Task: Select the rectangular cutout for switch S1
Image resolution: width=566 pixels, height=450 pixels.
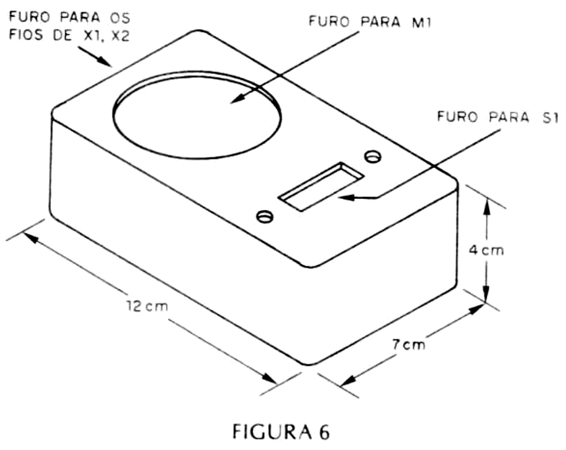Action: point(321,186)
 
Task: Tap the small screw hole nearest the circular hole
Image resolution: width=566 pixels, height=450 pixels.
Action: point(373,156)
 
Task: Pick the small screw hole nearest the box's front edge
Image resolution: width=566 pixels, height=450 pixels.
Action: point(265,216)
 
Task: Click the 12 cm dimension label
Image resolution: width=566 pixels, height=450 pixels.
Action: point(147,307)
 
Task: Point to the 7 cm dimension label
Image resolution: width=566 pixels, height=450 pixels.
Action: point(409,345)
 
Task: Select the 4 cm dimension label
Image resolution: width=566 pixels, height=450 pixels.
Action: point(486,250)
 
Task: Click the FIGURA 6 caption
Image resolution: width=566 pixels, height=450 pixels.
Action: point(281,432)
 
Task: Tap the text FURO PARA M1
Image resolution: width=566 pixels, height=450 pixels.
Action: point(370,22)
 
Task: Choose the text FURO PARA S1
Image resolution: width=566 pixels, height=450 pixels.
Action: point(498,117)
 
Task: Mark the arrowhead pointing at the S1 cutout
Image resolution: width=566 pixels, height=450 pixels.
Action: point(346,198)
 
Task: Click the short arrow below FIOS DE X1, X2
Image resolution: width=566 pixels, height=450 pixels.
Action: point(95,57)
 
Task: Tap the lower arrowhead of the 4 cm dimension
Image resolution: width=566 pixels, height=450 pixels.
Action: point(486,292)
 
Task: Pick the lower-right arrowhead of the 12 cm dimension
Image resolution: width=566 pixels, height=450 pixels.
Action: point(269,377)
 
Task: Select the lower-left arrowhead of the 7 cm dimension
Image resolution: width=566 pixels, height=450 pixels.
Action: point(349,381)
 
